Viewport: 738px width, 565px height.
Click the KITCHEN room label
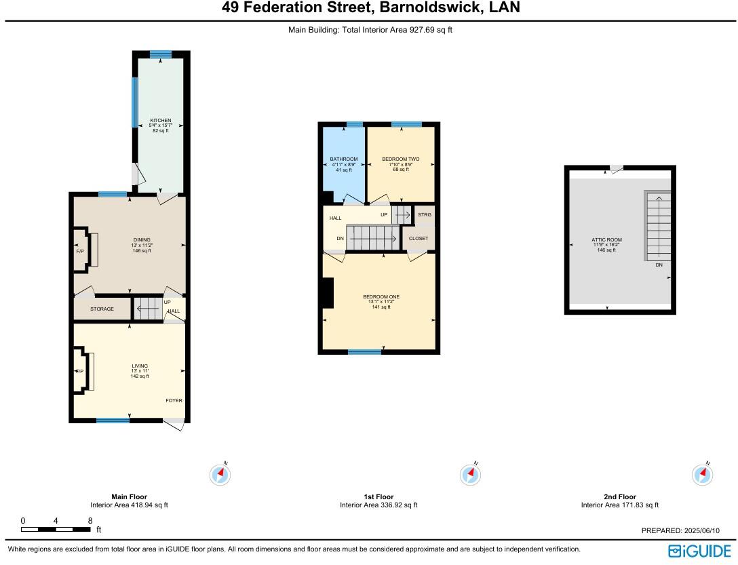point(160,120)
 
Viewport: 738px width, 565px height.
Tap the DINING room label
point(142,239)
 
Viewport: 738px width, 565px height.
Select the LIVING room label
point(140,366)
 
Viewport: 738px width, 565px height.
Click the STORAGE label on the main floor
point(102,309)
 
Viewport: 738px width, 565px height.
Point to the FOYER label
point(174,401)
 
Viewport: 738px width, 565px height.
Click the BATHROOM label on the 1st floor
point(344,159)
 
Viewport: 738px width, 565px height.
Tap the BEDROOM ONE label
point(381,297)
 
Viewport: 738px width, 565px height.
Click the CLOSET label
point(419,239)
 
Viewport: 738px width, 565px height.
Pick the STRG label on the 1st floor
point(425,215)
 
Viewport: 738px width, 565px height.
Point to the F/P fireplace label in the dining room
point(79,251)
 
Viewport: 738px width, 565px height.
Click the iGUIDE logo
point(699,550)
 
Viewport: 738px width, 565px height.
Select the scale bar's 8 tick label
point(90,521)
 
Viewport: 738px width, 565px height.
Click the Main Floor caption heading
point(129,496)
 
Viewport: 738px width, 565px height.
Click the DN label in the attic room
point(659,265)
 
